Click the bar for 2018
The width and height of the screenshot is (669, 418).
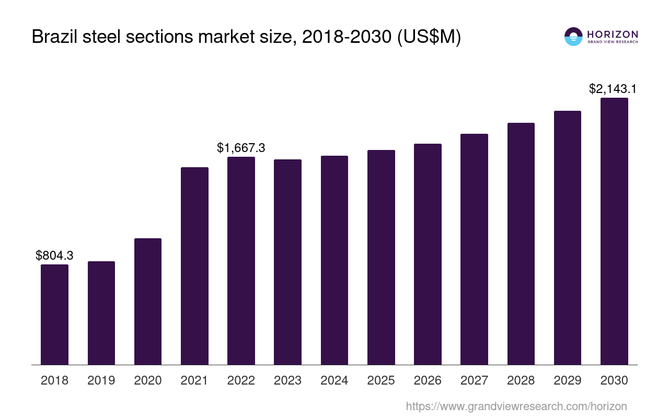point(54,315)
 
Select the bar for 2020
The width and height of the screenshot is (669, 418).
point(148,301)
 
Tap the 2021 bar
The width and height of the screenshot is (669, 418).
point(194,266)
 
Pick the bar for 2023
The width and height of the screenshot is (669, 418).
point(287,262)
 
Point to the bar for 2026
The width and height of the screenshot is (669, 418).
point(428,254)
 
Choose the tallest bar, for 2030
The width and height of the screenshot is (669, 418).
point(614,231)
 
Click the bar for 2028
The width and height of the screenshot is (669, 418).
point(521,243)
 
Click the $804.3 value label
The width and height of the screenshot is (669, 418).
point(54,256)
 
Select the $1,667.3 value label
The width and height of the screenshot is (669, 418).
point(241,148)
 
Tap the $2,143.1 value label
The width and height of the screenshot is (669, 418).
point(613,89)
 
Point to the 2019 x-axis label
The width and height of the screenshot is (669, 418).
point(101,380)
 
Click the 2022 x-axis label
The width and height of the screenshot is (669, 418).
point(241,380)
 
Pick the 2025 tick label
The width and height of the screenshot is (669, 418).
point(381,380)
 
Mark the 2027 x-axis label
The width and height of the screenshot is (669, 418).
point(474,380)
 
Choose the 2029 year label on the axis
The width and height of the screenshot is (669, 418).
point(568,380)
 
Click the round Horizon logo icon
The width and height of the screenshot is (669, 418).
point(573,37)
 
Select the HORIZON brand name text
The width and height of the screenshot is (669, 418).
point(613,34)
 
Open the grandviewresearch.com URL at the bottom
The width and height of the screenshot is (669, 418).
point(516,406)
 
